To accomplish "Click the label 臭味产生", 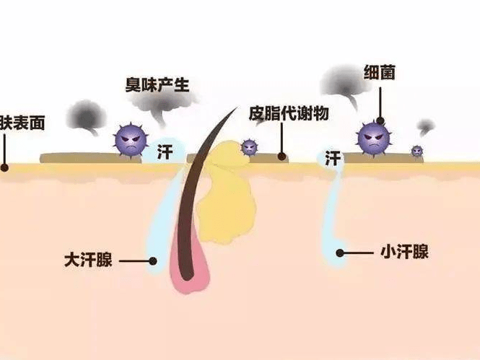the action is (x=157, y=84).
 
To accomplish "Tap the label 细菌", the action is (x=379, y=72).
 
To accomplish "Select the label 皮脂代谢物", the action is (x=289, y=113).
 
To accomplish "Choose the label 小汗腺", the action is (x=404, y=252).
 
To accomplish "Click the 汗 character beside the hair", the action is (x=165, y=152).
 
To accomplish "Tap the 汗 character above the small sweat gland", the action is (x=333, y=158).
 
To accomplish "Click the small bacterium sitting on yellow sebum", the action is (x=250, y=147).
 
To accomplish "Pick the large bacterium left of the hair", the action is (x=131, y=140).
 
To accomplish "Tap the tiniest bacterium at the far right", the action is (x=416, y=151).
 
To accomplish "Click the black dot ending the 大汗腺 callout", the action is (x=153, y=261).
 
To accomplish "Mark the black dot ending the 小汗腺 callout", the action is (x=340, y=253).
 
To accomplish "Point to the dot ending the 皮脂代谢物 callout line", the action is (x=282, y=157).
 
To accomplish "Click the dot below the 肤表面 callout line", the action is (x=4, y=167).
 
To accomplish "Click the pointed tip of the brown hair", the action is (x=237, y=107).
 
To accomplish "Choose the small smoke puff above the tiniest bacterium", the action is (x=426, y=126).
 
